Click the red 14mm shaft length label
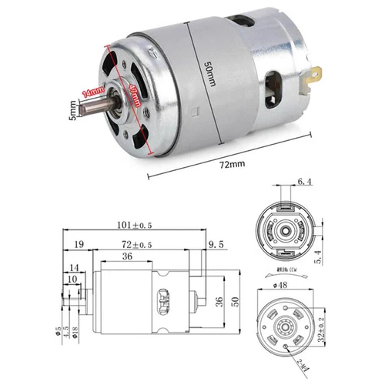tap(93, 94)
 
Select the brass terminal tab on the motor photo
tap(314, 75)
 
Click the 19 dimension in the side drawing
tap(79, 244)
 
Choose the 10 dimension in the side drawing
tap(72, 278)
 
